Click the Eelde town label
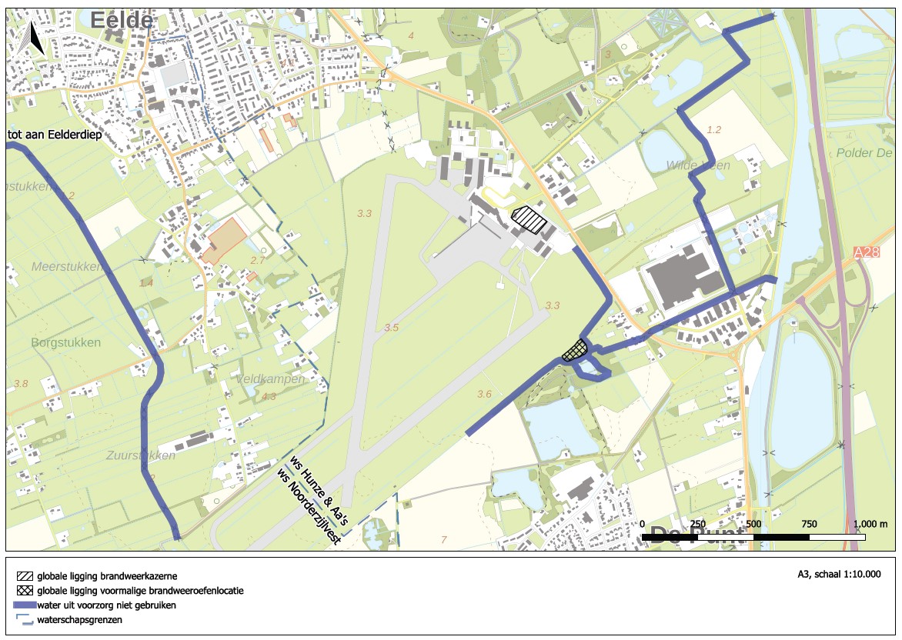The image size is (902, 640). [122, 21]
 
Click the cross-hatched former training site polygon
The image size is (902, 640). [574, 351]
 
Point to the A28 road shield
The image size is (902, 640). [866, 252]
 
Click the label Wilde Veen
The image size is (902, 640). [698, 165]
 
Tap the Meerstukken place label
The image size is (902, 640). [67, 267]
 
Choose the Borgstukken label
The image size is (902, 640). [66, 342]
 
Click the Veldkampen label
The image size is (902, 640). [270, 379]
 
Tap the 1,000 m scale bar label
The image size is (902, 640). [871, 524]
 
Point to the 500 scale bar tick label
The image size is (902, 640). [753, 524]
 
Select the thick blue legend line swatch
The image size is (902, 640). [25, 605]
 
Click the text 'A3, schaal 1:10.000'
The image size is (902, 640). [839, 574]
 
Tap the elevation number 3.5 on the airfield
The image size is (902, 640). [392, 328]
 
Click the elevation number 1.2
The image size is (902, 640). [713, 130]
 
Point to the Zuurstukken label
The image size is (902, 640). [141, 455]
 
